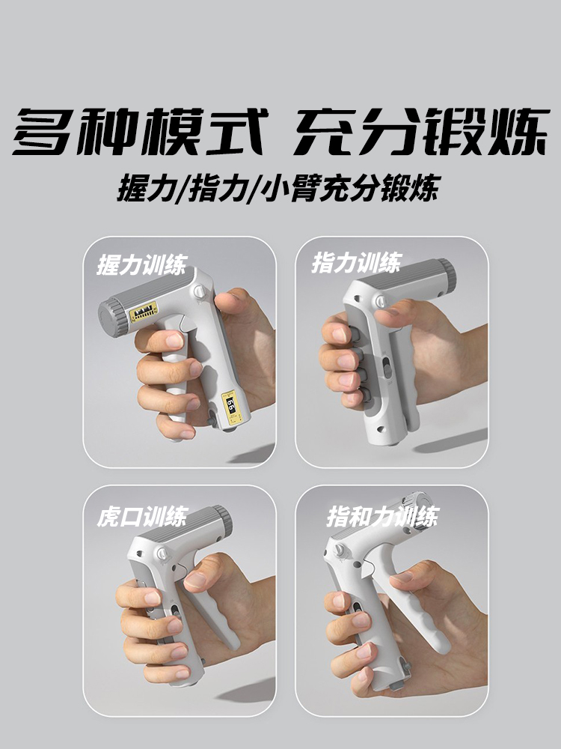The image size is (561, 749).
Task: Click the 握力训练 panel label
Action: point(141,264)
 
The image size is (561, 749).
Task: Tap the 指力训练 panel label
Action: point(356,263)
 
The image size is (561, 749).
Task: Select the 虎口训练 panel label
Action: point(141,517)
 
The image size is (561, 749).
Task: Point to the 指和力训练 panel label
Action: point(382,517)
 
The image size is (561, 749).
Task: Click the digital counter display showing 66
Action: point(231,407)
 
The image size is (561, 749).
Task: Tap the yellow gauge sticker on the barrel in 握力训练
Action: point(144,312)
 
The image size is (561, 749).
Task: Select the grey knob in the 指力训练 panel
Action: point(447,276)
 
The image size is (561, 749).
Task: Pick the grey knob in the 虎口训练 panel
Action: point(223,521)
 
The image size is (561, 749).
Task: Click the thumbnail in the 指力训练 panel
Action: point(387,312)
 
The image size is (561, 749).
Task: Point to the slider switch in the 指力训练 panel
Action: point(387,371)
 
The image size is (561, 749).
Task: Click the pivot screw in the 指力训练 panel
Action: point(380,300)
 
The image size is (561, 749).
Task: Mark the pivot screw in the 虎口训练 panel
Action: point(162,554)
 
